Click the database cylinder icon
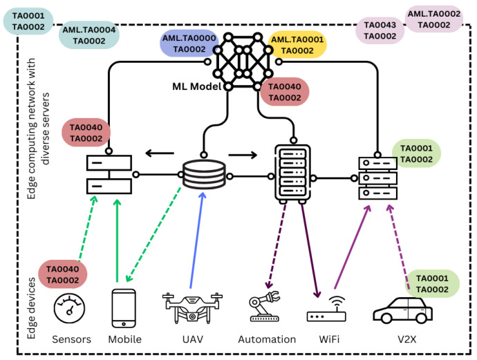click(x=204, y=176)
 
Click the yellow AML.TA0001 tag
click(x=297, y=45)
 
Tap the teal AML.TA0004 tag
click(x=89, y=35)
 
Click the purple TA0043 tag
click(x=380, y=30)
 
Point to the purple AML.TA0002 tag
click(x=433, y=19)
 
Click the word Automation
click(x=267, y=339)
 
